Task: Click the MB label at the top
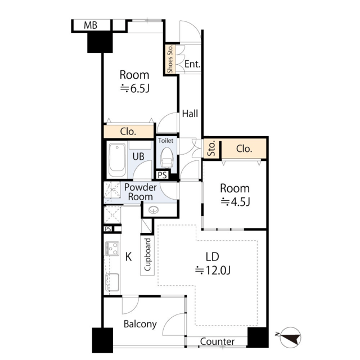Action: [x=91, y=25]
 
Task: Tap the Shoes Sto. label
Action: [x=170, y=59]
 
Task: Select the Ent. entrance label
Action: [x=192, y=64]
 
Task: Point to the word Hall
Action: [x=190, y=114]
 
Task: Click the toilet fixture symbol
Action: [x=166, y=157]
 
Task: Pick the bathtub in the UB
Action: [x=117, y=160]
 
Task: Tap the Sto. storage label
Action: [x=211, y=148]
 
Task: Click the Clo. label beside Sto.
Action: [x=244, y=149]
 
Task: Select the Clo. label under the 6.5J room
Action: [x=128, y=132]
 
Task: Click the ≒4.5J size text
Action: [x=235, y=202]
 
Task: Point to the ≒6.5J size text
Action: [x=135, y=89]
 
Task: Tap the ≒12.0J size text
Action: [x=213, y=271]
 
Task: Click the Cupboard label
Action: [x=147, y=255]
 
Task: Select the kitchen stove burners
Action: [x=112, y=249]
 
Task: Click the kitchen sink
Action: [x=112, y=282]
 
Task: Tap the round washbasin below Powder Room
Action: [x=154, y=210]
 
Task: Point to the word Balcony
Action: [x=140, y=324]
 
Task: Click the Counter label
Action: [x=217, y=341]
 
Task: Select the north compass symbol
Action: [x=290, y=337]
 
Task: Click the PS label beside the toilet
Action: [x=163, y=175]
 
